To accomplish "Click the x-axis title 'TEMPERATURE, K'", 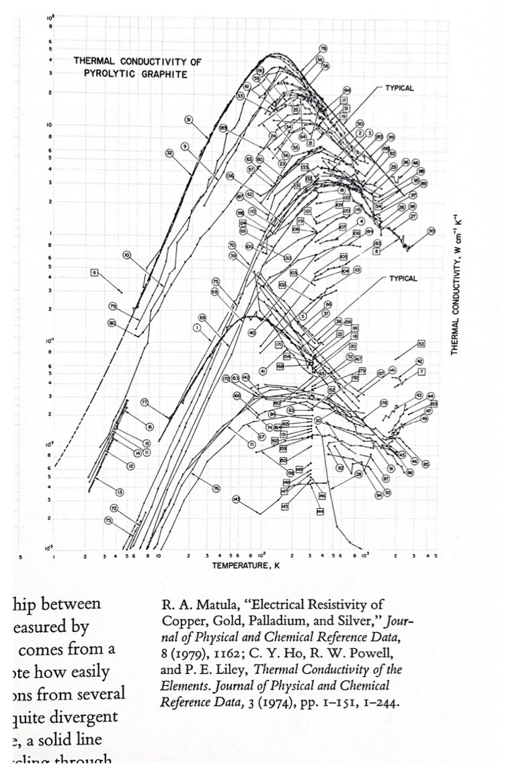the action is pyautogui.click(x=242, y=566).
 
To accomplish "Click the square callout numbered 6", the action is pyautogui.click(x=95, y=272).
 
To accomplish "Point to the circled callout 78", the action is pyautogui.click(x=323, y=48).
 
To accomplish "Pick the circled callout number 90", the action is pyautogui.click(x=432, y=231).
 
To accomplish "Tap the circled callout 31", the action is pyautogui.click(x=190, y=120).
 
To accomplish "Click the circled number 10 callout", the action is pyautogui.click(x=127, y=254).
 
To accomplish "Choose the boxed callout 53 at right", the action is pyautogui.click(x=421, y=343).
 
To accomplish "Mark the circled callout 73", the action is pyautogui.click(x=108, y=520).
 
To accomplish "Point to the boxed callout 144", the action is pyautogui.click(x=320, y=512).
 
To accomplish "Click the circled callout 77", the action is pyautogui.click(x=144, y=402).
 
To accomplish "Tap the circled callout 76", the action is pyautogui.click(x=216, y=488).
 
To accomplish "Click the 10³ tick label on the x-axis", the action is pyautogui.click(x=364, y=557).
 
